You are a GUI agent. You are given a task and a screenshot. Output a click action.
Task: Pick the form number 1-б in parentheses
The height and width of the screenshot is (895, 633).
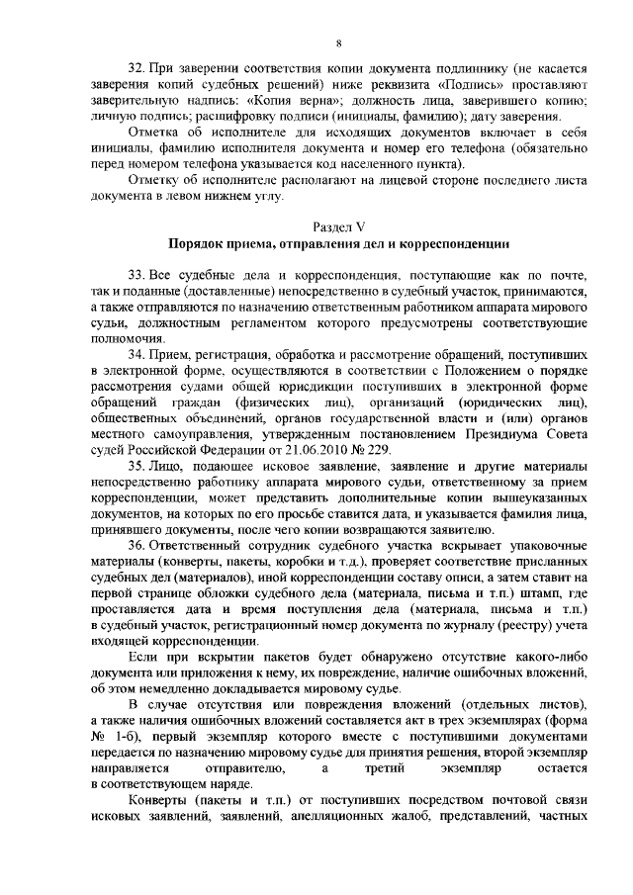click(126, 738)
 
